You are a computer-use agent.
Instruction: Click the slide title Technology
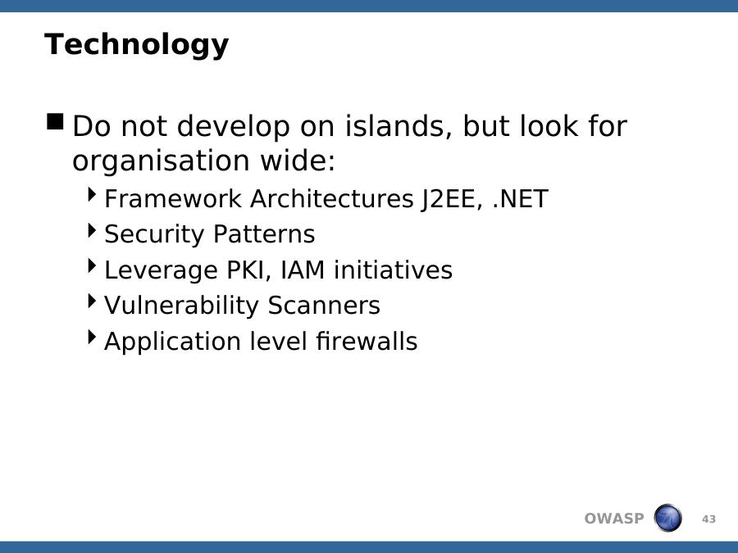(x=136, y=45)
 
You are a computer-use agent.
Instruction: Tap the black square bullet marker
(x=55, y=121)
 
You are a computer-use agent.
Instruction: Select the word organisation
(x=162, y=161)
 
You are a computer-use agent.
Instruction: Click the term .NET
(x=520, y=198)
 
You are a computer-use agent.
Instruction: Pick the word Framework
(x=173, y=198)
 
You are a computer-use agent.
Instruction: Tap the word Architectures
(x=332, y=198)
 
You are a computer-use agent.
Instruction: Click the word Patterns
(x=264, y=234)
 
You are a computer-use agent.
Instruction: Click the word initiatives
(x=393, y=270)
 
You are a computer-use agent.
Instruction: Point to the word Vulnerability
(x=181, y=306)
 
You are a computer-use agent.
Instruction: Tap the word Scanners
(x=324, y=306)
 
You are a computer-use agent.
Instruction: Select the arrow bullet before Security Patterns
(x=92, y=230)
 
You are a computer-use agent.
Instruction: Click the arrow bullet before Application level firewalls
(x=92, y=338)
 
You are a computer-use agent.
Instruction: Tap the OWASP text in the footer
(x=613, y=519)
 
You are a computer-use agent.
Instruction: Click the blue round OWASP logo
(x=667, y=518)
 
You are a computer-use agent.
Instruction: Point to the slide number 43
(x=708, y=519)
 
